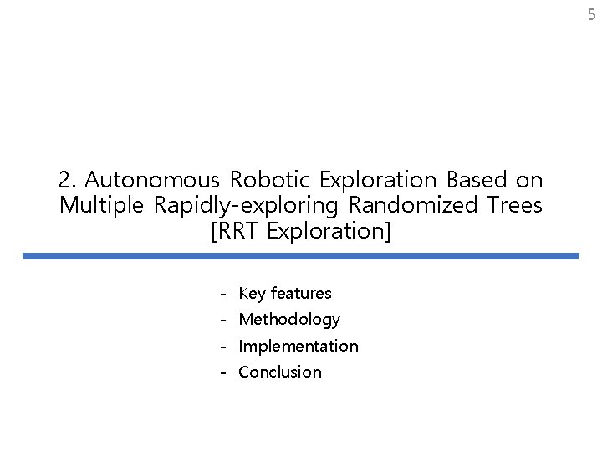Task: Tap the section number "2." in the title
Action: pos(69,180)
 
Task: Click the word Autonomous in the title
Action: pos(154,180)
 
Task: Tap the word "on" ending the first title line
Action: pos(528,180)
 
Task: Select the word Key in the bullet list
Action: pos(253,294)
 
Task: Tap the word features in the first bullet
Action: pos(301,294)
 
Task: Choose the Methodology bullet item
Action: pos(289,320)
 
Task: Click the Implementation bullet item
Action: pos(298,346)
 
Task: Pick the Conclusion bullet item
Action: pos(279,372)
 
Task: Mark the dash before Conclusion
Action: pos(224,372)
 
